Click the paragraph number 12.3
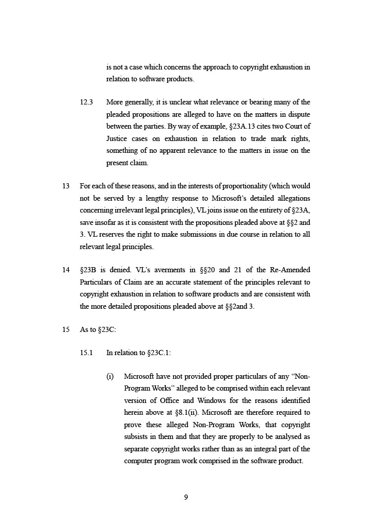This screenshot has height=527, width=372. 86,102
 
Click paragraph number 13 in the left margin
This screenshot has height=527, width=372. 66,186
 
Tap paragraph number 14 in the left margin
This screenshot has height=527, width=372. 66,270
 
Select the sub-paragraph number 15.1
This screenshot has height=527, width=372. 86,353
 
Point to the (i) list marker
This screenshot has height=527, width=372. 110,376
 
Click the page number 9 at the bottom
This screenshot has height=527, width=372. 186,497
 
